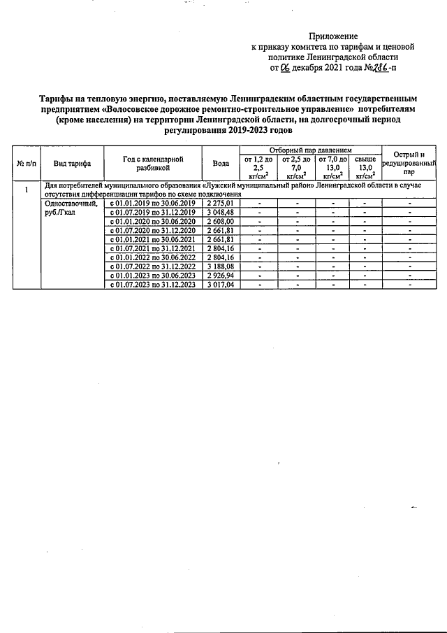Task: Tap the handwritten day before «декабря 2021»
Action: pos(284,68)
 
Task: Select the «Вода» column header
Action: pos(221,163)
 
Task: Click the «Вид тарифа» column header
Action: pos(73,163)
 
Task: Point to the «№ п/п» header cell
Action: pos(27,163)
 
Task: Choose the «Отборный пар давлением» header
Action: pos(309,150)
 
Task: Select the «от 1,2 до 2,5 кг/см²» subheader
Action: pos(258,168)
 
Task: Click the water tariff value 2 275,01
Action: pos(221,203)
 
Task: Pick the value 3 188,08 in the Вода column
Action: pos(221,266)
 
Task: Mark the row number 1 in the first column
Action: pos(27,190)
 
